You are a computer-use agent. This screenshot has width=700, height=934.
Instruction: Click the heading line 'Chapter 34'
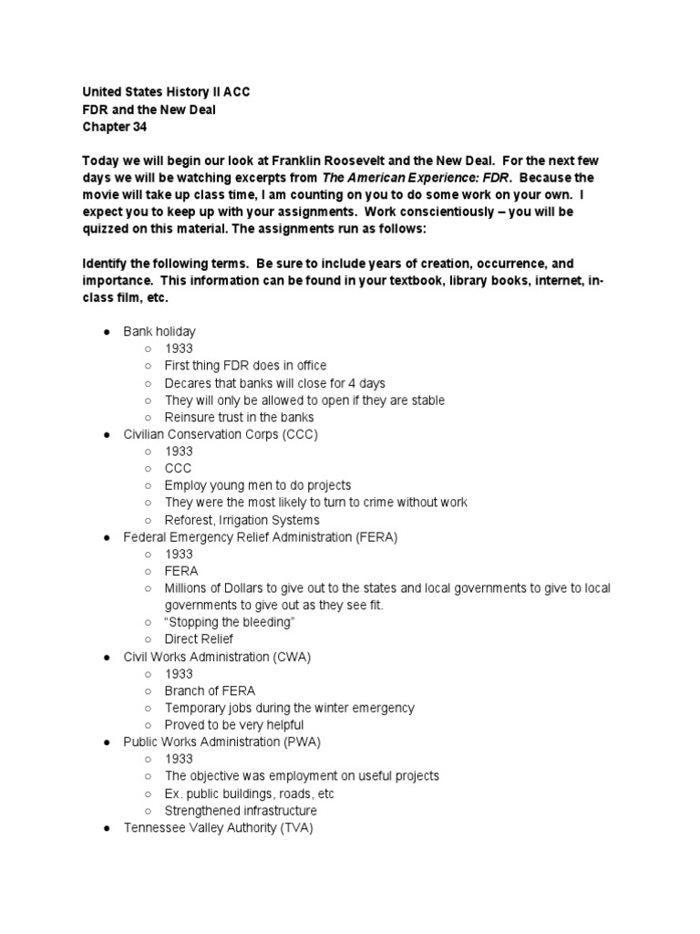point(115,127)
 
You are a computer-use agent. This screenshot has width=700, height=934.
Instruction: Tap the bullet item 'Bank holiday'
point(160,331)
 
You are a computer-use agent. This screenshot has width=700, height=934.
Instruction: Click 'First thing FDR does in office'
point(245,366)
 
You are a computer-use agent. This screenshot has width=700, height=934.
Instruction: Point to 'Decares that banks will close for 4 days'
point(274,383)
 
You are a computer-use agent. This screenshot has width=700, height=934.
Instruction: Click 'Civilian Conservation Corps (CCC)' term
point(221,434)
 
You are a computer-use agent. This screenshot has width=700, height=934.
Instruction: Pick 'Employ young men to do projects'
point(257,485)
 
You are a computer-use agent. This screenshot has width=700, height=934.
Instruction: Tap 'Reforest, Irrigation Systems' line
point(242,520)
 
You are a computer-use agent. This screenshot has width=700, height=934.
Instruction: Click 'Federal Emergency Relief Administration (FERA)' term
point(261,537)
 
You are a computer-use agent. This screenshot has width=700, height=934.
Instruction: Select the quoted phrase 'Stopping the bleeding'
point(231,622)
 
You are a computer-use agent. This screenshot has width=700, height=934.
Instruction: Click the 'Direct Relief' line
point(199,639)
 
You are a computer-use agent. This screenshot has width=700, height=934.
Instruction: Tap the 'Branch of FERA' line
point(210,690)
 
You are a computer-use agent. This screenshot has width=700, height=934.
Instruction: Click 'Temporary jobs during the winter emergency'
point(289,708)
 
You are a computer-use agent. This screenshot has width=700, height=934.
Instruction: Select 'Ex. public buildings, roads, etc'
point(250,794)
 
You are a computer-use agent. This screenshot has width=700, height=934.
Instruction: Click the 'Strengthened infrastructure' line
point(241,811)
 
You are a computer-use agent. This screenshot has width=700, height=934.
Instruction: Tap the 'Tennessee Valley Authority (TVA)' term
point(218,828)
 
